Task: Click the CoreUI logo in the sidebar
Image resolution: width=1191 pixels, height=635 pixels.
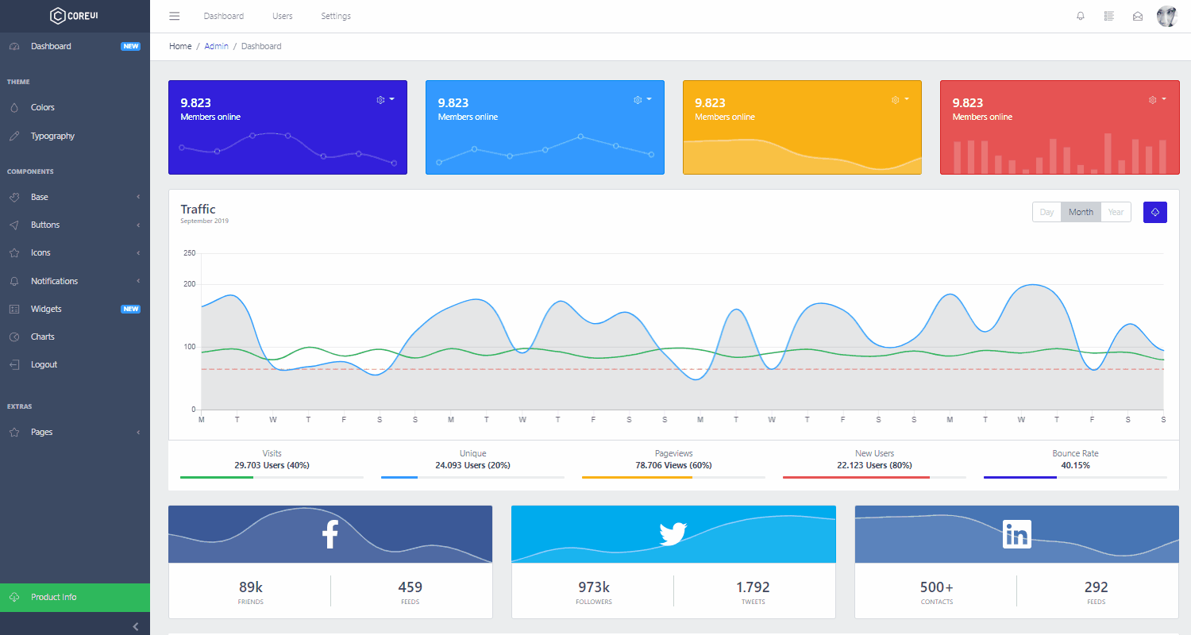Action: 75,16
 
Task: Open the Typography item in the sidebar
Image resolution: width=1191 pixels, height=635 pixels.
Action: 52,136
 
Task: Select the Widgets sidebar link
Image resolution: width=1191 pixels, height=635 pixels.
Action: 46,309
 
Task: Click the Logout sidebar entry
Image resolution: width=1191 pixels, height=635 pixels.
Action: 44,364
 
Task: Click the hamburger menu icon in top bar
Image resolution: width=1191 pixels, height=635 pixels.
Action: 175,16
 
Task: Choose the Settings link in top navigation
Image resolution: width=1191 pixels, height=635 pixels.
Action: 335,16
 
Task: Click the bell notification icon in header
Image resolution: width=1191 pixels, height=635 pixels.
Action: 1080,16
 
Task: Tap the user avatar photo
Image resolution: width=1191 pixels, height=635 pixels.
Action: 1166,16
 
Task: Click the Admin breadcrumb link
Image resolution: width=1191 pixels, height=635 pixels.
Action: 216,46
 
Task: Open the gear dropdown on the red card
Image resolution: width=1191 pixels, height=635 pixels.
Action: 1157,99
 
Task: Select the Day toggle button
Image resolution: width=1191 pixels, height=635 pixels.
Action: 1046,212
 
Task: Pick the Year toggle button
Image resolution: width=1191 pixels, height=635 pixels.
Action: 1116,212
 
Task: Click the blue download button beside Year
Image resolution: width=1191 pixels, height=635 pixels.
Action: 1154,212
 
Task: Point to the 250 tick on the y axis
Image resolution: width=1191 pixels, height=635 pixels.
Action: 189,253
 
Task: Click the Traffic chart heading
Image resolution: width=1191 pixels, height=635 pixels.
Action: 198,210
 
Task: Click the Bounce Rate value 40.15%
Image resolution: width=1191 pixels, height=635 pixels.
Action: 1074,465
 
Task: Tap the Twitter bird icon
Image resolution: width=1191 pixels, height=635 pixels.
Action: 673,534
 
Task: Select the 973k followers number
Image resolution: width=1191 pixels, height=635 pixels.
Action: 593,587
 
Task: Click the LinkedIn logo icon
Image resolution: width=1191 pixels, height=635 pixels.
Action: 1016,534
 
